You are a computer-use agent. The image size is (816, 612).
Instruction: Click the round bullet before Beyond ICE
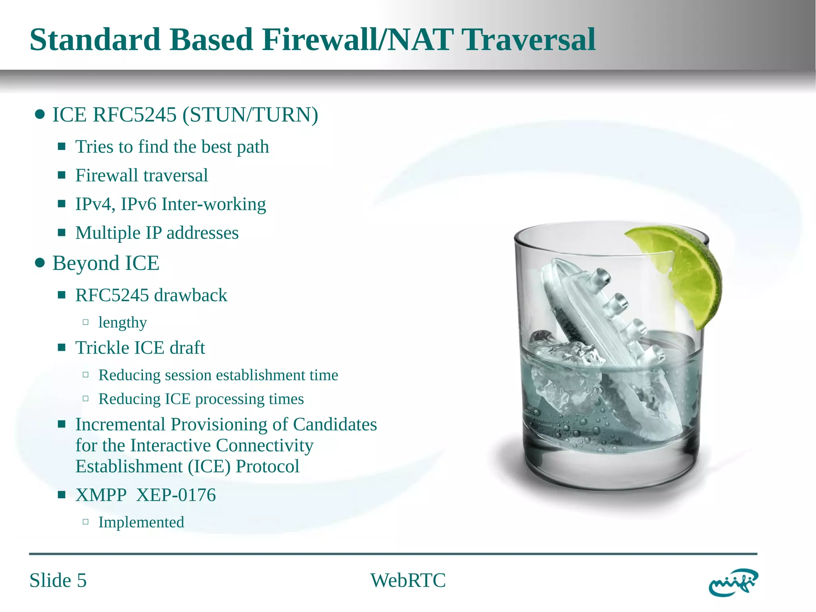click(x=39, y=263)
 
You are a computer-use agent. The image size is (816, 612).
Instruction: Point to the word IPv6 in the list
click(x=138, y=204)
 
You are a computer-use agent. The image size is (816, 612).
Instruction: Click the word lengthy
click(x=122, y=323)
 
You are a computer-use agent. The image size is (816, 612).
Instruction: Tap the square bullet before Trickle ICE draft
click(x=61, y=348)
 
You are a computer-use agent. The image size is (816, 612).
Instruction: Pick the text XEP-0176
click(x=176, y=495)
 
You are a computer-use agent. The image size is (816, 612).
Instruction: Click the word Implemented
click(x=141, y=522)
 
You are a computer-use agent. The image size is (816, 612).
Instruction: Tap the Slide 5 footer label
click(x=58, y=580)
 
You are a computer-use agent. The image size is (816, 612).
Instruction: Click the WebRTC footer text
click(x=408, y=580)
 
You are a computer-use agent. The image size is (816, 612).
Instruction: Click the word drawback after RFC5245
click(x=190, y=295)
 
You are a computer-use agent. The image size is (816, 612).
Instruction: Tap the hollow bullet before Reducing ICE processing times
click(x=85, y=398)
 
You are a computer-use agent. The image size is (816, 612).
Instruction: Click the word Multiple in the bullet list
click(x=108, y=233)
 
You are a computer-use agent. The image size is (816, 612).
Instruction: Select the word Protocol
click(x=267, y=466)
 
